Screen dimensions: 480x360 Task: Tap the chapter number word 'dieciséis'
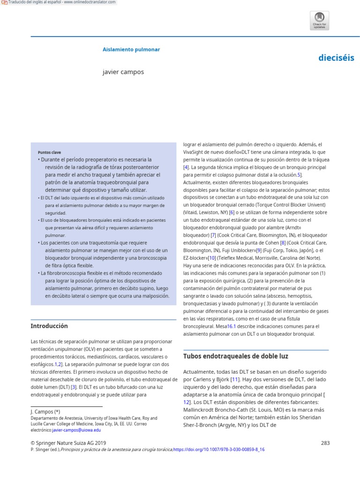[336, 58]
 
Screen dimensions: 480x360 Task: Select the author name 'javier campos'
[123, 72]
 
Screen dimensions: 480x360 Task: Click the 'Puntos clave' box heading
[49, 152]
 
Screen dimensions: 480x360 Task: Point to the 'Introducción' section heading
[49, 326]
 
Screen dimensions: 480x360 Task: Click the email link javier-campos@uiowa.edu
[76, 430]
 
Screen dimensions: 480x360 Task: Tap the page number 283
[325, 442]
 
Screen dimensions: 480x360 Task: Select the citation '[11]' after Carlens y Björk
[235, 378]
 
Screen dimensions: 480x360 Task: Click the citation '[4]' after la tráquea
[186, 167]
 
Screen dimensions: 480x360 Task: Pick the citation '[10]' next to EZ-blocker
[212, 258]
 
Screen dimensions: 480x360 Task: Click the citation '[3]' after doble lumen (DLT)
[74, 387]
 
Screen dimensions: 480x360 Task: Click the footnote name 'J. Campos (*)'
[45, 412]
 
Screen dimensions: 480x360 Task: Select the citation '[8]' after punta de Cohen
[283, 242]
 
